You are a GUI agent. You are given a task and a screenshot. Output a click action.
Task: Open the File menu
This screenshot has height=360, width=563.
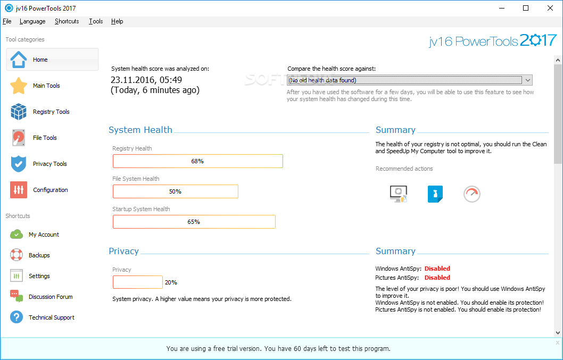click(x=7, y=21)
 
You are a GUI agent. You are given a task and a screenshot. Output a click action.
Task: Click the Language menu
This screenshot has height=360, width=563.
click(x=32, y=21)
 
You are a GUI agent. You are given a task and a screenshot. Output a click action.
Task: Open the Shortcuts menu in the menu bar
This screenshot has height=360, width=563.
click(x=67, y=21)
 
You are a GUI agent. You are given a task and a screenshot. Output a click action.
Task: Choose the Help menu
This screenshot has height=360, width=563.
click(x=117, y=21)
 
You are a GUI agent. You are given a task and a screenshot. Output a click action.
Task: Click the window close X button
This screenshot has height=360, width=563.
click(x=550, y=8)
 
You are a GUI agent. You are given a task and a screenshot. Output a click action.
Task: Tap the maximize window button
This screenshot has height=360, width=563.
click(x=526, y=8)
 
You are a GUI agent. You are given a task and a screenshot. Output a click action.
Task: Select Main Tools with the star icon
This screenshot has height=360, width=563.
click(x=46, y=86)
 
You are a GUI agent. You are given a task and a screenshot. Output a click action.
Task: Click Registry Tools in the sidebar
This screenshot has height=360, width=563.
click(x=51, y=112)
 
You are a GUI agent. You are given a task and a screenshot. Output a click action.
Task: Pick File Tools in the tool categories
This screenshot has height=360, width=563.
click(x=45, y=138)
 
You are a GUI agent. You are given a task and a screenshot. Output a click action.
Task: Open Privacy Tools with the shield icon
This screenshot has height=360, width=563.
click(x=49, y=164)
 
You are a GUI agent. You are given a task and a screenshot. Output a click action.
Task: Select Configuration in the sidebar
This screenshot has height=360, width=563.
click(x=50, y=190)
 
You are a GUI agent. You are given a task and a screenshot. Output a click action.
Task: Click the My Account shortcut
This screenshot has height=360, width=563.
click(x=44, y=235)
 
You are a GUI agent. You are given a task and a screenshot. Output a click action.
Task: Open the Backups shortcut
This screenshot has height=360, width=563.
click(x=39, y=255)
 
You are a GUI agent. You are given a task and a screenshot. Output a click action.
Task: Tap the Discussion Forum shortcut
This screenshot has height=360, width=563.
click(x=51, y=297)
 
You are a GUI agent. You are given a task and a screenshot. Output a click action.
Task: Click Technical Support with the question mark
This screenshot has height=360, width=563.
click(x=51, y=317)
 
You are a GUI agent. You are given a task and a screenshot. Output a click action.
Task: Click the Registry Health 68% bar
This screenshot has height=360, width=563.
click(x=197, y=161)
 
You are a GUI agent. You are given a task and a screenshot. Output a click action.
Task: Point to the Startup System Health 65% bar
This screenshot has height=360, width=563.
click(x=194, y=222)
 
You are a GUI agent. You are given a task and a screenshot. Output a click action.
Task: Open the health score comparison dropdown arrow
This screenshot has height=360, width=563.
click(x=527, y=80)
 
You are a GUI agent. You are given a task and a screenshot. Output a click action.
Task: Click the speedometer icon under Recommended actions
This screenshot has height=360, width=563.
click(x=471, y=194)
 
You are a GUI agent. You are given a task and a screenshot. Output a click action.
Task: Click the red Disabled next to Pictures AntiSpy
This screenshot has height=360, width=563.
click(x=437, y=278)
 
